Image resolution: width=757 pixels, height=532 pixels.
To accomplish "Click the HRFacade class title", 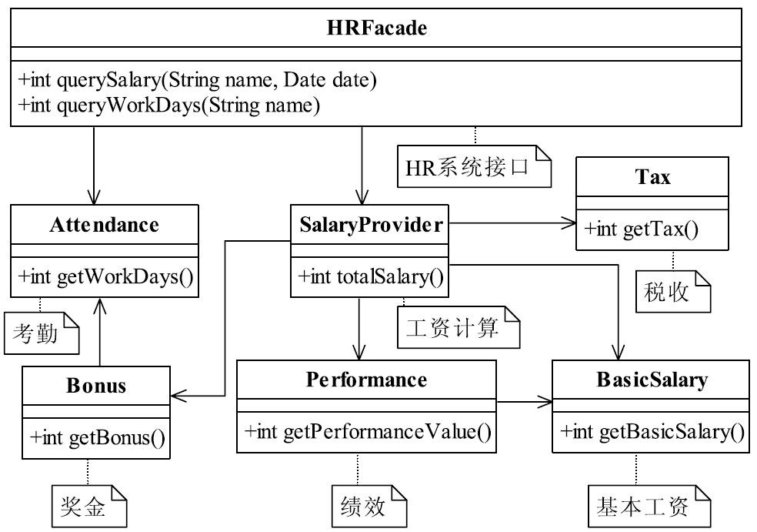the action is (376, 28).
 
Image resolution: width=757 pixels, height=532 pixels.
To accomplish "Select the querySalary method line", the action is (197, 80).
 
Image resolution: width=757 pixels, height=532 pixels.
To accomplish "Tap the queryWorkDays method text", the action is (169, 105).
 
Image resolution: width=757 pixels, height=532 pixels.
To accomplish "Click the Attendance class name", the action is (105, 225).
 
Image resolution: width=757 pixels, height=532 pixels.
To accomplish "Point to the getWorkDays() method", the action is (105, 277).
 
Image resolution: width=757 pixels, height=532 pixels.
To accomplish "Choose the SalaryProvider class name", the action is (370, 225).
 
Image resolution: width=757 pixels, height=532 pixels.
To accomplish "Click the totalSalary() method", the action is (370, 277).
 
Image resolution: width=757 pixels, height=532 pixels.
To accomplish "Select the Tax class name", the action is (652, 177).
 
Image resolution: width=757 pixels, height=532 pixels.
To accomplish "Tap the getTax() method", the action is (641, 229).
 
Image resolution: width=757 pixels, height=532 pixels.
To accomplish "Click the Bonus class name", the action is (96, 386).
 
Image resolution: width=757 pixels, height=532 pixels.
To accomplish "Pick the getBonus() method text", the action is (98, 438).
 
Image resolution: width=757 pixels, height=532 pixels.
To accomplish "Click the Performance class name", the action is (366, 380).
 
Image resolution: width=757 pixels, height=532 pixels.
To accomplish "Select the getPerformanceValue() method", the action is (368, 431).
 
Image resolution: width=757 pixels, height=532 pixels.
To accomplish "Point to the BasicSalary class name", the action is (652, 380).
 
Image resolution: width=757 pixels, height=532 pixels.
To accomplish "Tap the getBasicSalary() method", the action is (652, 431).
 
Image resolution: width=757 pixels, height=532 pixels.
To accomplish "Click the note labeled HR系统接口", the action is (474, 166).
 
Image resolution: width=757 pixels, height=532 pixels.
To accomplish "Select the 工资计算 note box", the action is (459, 327).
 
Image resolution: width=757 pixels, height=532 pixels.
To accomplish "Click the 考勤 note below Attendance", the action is (42, 333).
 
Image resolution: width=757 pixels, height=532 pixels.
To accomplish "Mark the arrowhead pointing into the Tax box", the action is (570, 223).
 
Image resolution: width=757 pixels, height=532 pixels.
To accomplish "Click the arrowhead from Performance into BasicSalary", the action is (545, 402).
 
